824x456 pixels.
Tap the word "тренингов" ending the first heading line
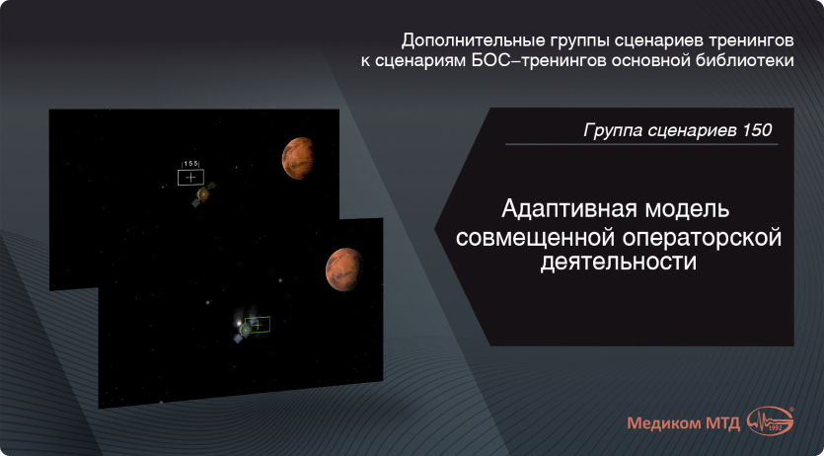(x=745, y=41)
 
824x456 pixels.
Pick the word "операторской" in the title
(x=700, y=237)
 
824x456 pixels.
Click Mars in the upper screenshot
(x=300, y=158)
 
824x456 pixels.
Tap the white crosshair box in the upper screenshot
(x=190, y=177)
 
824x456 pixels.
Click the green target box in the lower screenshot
(x=257, y=324)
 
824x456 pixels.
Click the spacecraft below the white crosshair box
(x=202, y=195)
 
